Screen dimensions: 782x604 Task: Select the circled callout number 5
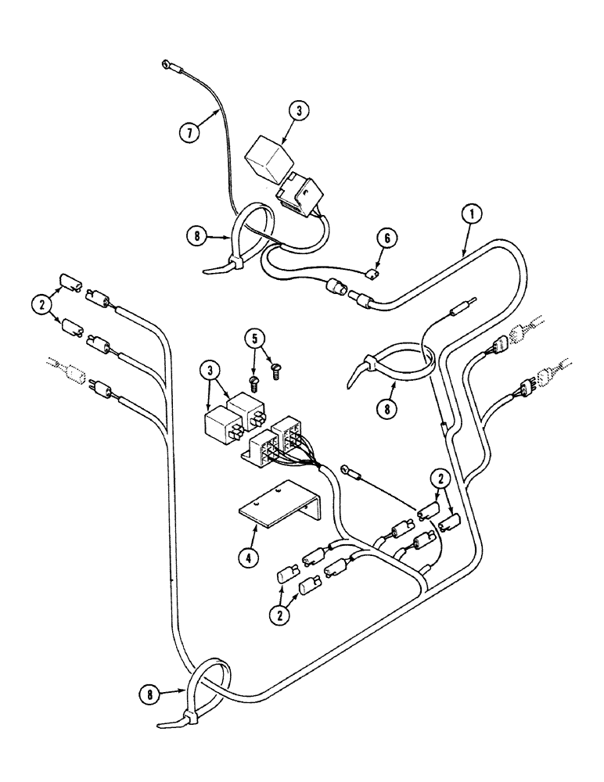(x=253, y=339)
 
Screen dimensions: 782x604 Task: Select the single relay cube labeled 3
(x=268, y=160)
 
